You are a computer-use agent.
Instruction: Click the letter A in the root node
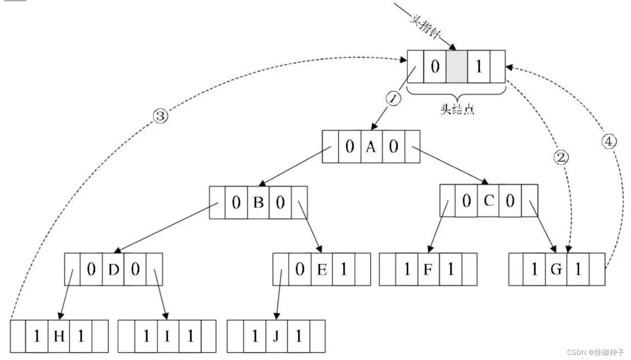click(x=371, y=147)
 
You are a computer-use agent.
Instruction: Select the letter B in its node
click(x=258, y=203)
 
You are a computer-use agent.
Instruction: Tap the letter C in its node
click(x=488, y=201)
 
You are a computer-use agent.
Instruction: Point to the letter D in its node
click(x=114, y=270)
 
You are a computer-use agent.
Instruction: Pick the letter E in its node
click(x=322, y=270)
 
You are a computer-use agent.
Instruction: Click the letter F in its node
click(x=428, y=269)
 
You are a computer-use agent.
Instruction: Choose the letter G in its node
click(x=556, y=269)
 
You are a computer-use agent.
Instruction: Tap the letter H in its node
click(x=59, y=336)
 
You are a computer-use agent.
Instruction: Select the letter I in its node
click(x=167, y=336)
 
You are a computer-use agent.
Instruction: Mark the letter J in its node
click(x=276, y=336)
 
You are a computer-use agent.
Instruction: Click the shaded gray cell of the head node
click(x=456, y=66)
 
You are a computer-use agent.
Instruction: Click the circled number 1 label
click(x=393, y=99)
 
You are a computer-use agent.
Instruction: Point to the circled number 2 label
click(x=560, y=158)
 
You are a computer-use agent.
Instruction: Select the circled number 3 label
click(x=160, y=116)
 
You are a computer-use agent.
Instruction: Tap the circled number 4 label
click(x=608, y=141)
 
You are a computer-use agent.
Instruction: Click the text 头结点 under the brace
click(x=457, y=109)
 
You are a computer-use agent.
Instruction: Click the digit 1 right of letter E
click(x=344, y=269)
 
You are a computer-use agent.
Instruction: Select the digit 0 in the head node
click(x=435, y=66)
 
